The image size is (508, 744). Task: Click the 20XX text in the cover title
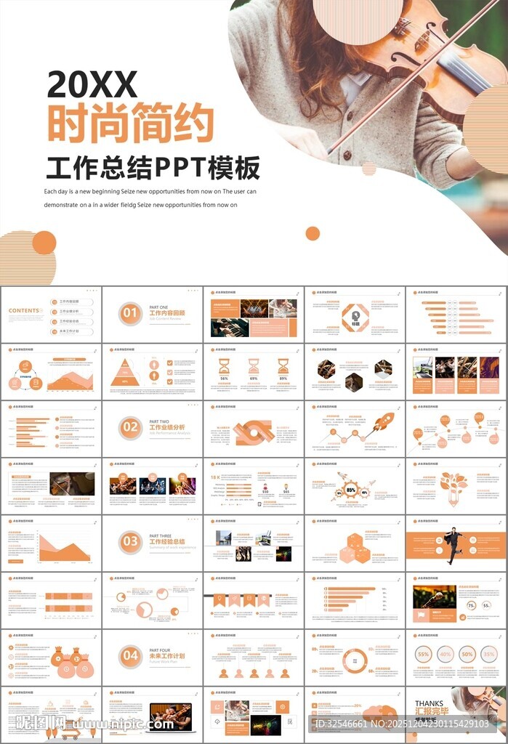point(92,86)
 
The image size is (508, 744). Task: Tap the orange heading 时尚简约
point(131,124)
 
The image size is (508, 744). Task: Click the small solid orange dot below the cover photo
point(313,233)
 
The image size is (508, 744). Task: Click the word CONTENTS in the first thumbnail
point(25,311)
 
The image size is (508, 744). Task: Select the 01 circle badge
point(130,313)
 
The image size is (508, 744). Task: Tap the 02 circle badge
point(130,427)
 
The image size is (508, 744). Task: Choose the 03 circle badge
point(130,541)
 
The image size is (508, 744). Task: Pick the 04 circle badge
point(130,655)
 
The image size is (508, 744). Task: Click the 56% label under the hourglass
point(224,379)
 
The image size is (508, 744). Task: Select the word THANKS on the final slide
point(428,703)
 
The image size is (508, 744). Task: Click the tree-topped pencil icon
point(453,485)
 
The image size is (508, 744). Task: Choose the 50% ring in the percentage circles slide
point(467,654)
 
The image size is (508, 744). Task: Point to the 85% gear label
point(351,490)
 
